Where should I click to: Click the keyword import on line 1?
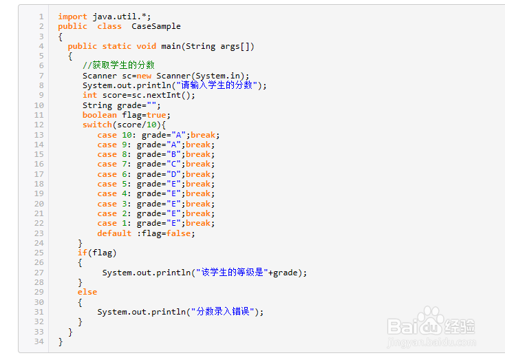click(x=73, y=17)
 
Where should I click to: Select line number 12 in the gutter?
click(x=39, y=125)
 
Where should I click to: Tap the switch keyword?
click(x=97, y=125)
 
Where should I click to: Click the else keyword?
click(x=87, y=292)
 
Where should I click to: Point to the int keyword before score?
click(x=90, y=95)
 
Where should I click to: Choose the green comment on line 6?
click(x=118, y=65)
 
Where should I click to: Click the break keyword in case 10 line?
click(x=205, y=135)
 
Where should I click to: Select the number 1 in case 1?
click(x=124, y=223)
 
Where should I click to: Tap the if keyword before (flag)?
click(x=83, y=253)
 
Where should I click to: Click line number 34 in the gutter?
click(x=39, y=341)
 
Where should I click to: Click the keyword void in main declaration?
click(x=147, y=46)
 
